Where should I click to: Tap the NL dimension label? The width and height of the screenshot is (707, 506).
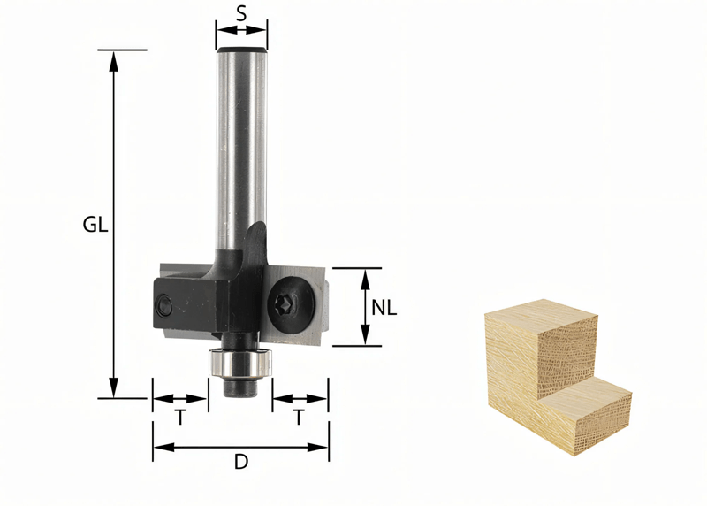tap(384, 308)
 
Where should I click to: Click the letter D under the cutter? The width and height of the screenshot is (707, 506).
tap(240, 460)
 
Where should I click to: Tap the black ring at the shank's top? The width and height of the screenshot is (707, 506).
tap(241, 50)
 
